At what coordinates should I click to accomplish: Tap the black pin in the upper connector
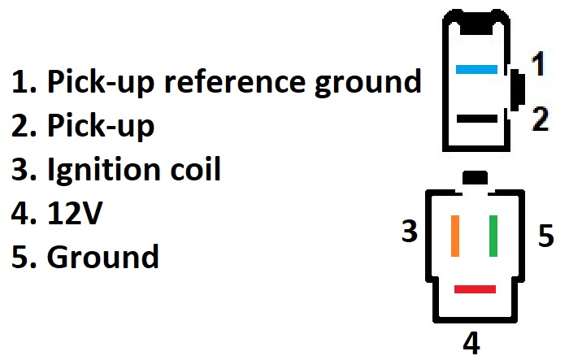(476, 119)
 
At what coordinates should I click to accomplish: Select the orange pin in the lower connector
(454, 236)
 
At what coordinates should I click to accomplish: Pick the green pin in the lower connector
(493, 236)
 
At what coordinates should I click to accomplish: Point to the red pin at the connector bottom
(475, 288)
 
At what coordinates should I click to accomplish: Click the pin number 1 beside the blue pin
(537, 63)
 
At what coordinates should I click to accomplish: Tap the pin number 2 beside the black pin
(539, 119)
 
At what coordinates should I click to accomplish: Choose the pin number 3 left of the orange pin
(409, 232)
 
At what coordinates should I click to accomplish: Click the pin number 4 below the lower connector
(471, 341)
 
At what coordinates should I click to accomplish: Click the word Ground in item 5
(103, 258)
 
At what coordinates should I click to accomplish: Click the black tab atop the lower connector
(474, 178)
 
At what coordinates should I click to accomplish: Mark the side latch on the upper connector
(517, 91)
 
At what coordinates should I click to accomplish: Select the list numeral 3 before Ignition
(20, 170)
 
